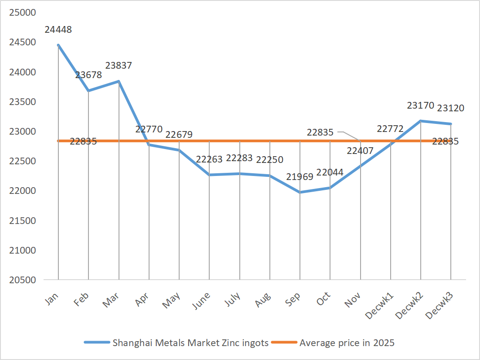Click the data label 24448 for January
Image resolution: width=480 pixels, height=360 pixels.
pos(58,30)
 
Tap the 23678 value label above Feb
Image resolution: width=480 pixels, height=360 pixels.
pos(88,75)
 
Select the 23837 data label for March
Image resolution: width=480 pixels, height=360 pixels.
pos(119,66)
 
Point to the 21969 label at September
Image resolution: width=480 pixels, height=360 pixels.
pos(299,177)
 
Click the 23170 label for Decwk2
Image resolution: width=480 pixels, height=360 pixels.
pos(421,106)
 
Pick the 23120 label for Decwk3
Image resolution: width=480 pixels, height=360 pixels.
pos(451,108)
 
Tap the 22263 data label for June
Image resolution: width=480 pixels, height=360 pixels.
pos(209,159)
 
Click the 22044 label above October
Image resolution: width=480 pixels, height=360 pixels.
pos(330,172)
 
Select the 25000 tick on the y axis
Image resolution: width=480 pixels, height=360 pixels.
pos(22,13)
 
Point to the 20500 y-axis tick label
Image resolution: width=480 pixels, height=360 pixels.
pos(22,280)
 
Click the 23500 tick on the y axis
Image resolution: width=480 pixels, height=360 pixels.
pos(22,102)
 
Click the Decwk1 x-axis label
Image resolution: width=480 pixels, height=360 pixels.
pos(379,305)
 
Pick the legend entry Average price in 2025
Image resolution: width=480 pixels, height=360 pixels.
pos(347,343)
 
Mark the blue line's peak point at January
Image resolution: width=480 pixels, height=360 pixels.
pos(58,45)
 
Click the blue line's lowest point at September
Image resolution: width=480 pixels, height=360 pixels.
pos(300,192)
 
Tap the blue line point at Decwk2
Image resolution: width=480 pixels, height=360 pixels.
pos(421,121)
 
